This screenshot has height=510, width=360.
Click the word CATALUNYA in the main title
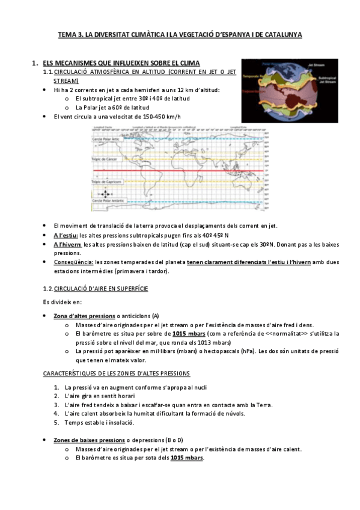point(281,35)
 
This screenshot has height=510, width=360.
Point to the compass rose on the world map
point(106,194)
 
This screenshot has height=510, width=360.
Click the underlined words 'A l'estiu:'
point(66,235)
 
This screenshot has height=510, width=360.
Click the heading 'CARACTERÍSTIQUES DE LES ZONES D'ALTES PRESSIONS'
point(117,373)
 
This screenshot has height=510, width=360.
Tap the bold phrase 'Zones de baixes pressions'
point(88,440)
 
